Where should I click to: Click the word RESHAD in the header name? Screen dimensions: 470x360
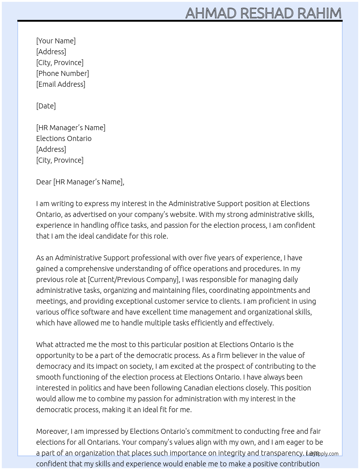click(267, 13)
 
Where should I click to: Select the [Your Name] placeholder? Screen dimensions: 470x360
click(56, 41)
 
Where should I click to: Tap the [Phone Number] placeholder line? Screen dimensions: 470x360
click(62, 73)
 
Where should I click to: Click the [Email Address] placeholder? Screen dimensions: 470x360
click(60, 84)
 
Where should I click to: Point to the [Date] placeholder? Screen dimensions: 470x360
click(46, 106)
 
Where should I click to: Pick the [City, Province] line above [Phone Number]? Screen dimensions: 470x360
click(60, 63)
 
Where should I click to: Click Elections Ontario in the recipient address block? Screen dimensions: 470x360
click(64, 138)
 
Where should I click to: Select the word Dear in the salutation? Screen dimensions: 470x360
click(44, 182)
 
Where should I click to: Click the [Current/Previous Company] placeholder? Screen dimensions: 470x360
click(133, 279)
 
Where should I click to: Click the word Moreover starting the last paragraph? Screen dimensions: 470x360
click(52, 431)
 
